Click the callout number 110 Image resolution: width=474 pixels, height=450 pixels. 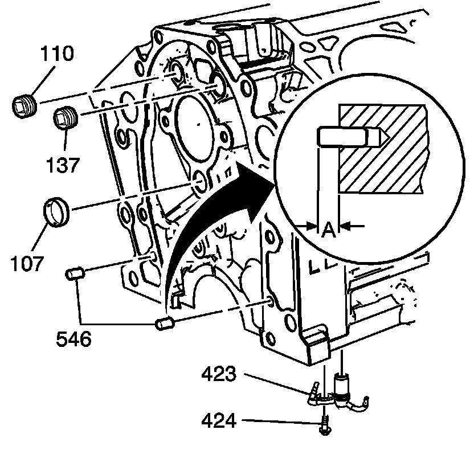[55, 55]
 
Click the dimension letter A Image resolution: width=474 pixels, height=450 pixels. [328, 230]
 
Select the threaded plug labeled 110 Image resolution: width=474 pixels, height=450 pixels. [24, 105]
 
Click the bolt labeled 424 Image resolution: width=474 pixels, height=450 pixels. [324, 424]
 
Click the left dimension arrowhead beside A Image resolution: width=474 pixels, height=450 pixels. [311, 226]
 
